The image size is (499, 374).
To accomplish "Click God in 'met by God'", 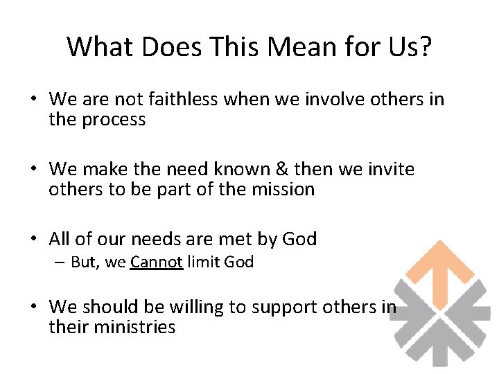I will coord(299,240).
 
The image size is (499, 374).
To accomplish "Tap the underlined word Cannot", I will coord(157,262).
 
